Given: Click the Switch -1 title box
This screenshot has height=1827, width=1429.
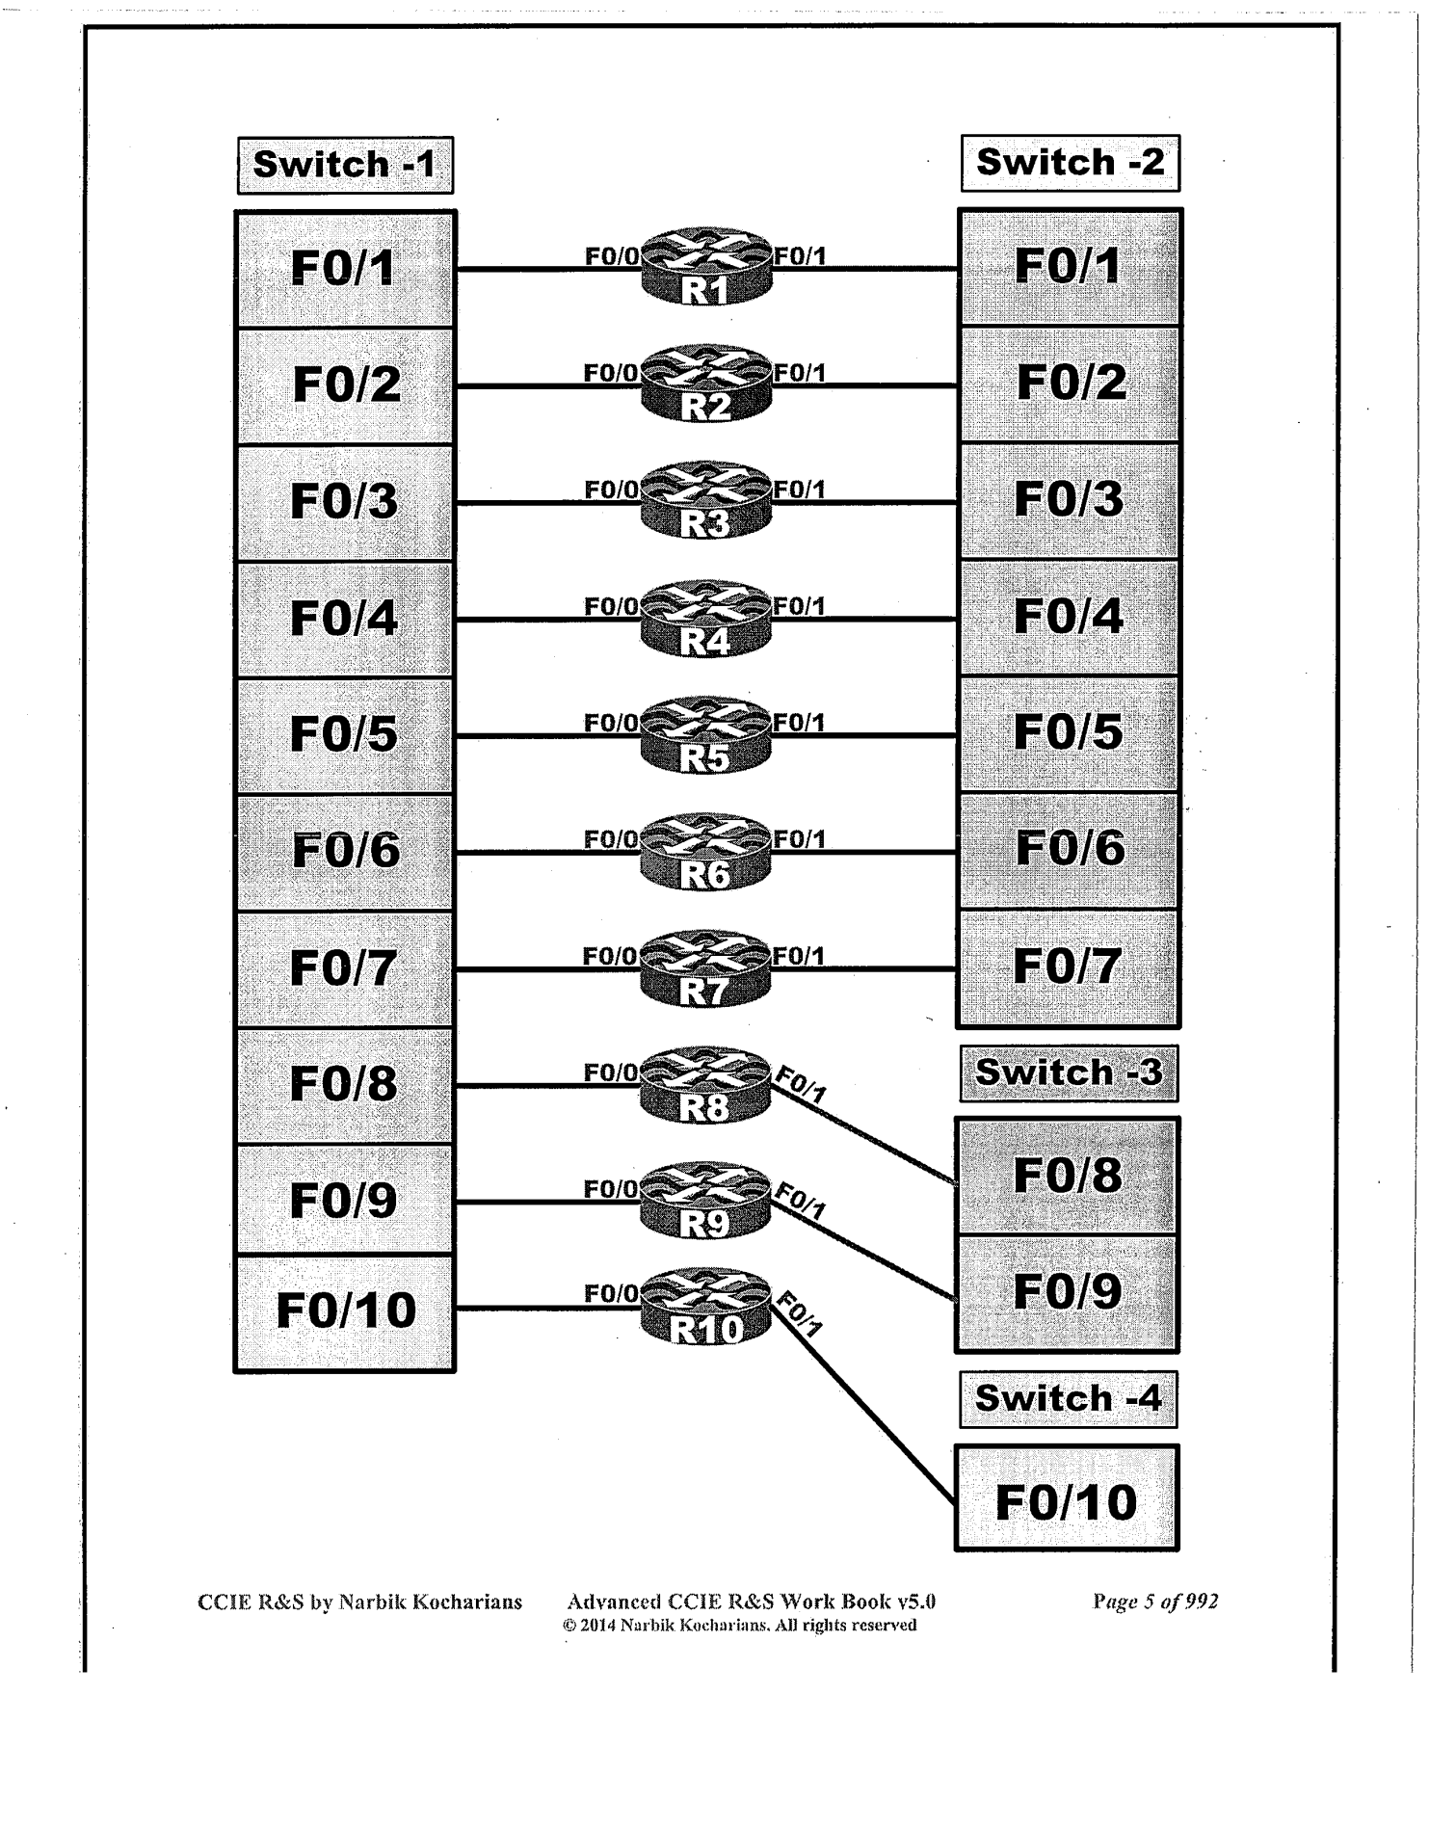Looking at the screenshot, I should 345,166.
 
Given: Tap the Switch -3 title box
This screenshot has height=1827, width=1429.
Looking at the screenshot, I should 1069,1073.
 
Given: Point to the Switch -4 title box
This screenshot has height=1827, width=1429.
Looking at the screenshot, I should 1068,1399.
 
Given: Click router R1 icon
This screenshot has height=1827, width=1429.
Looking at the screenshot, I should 706,267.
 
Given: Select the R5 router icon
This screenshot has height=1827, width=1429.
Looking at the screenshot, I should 706,735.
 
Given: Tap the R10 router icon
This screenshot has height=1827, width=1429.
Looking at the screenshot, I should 706,1308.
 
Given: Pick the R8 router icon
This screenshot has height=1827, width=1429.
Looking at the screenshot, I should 706,1086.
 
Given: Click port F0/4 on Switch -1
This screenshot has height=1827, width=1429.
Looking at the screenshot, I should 344,619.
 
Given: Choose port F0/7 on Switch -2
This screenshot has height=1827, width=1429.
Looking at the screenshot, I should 1068,966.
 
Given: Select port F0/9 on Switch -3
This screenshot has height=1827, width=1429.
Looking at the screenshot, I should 1068,1292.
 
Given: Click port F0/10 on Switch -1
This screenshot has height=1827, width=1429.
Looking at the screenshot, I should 345,1311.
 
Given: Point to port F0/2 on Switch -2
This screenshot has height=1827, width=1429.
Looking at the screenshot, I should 1071,384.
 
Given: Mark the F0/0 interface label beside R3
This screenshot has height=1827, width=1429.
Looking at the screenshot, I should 611,490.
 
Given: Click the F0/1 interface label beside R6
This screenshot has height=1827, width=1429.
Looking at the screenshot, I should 799,839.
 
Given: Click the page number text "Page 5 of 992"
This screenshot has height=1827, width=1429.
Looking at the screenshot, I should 1155,1602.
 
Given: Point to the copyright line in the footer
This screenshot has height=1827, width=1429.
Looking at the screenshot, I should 740,1626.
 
